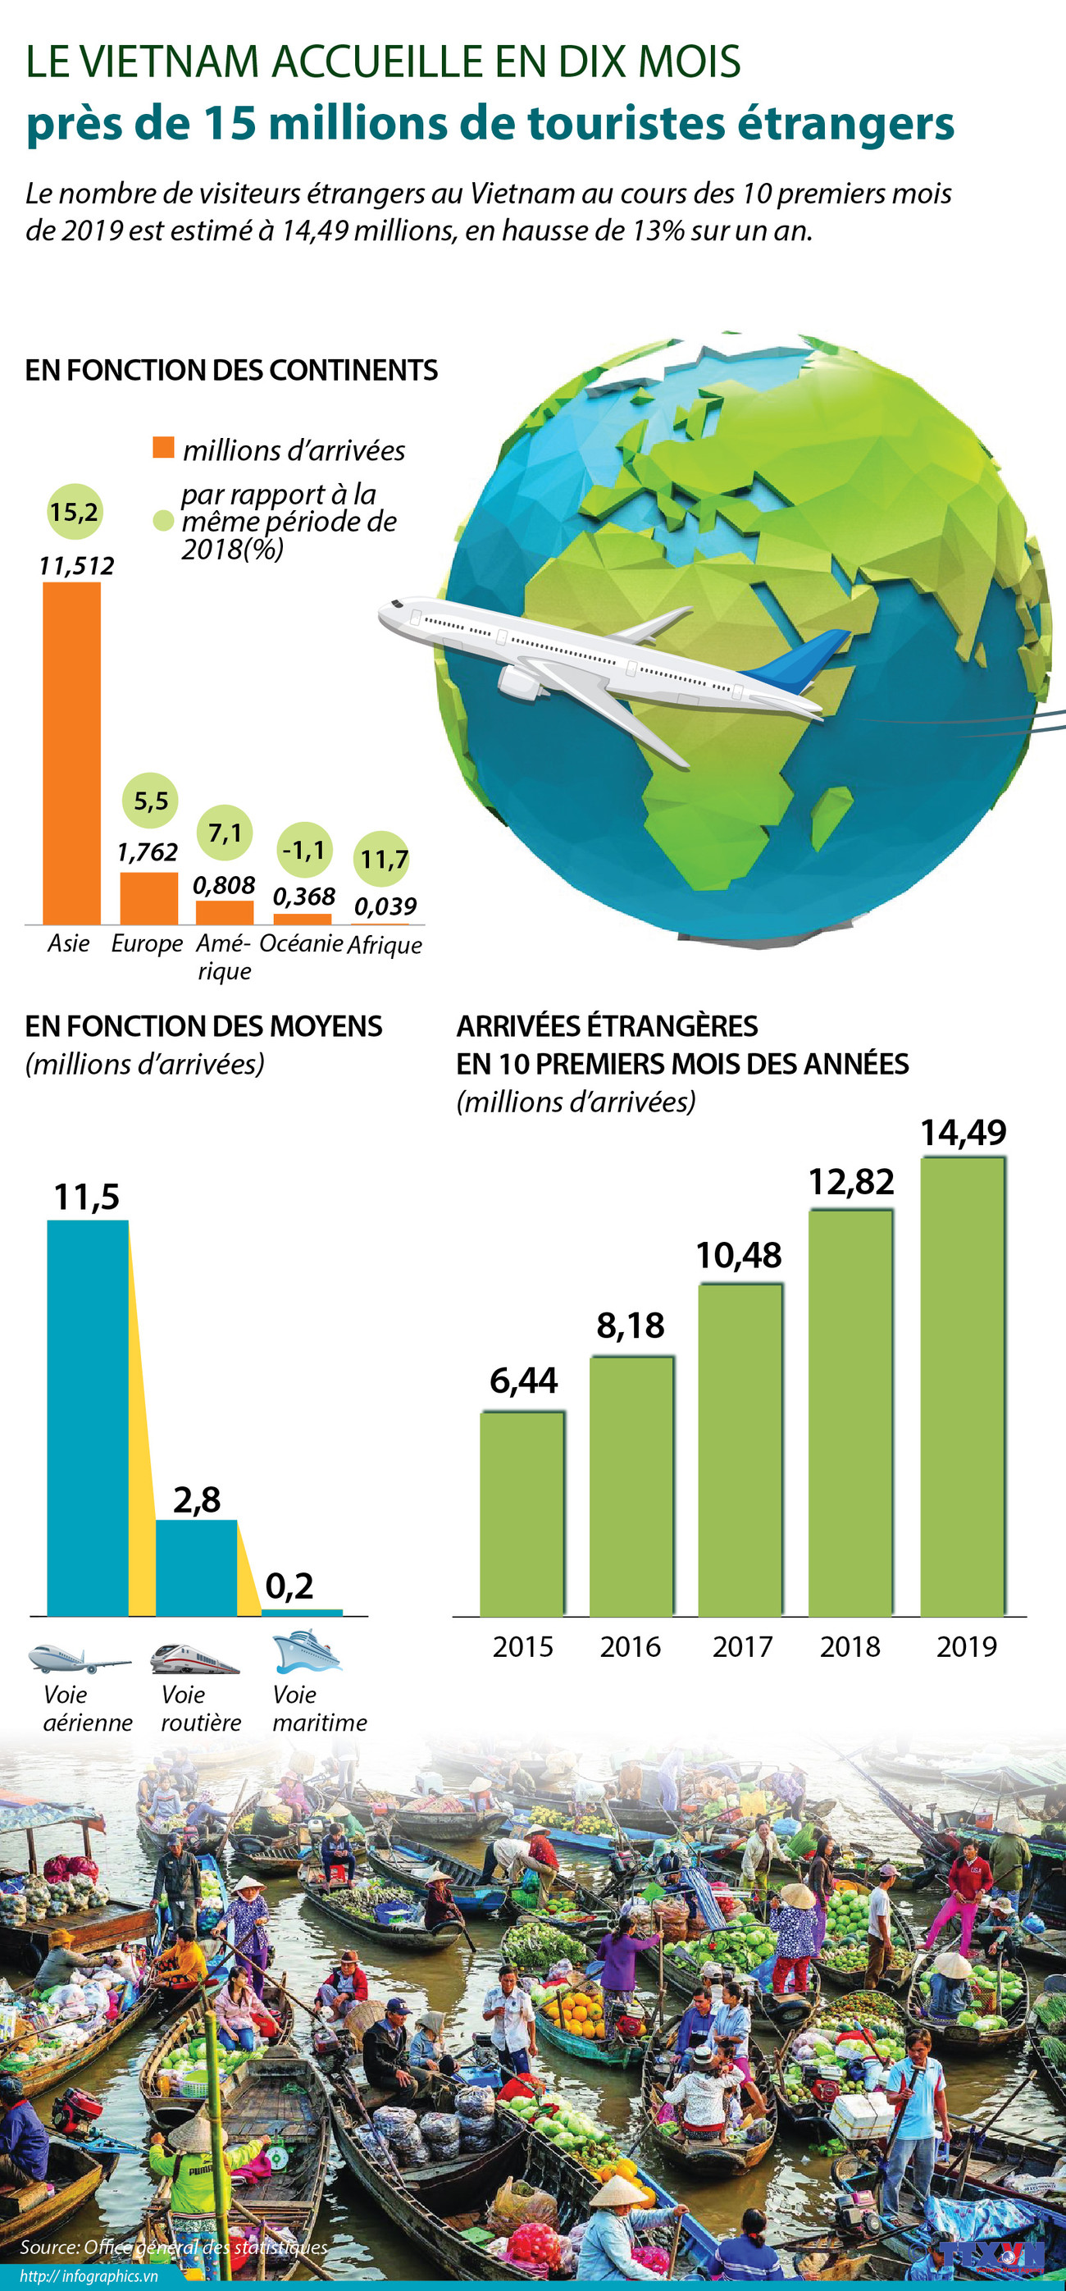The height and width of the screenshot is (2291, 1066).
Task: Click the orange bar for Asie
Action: [72, 752]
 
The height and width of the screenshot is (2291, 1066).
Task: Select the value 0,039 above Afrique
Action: [385, 906]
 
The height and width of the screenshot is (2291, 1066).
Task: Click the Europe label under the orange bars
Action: [147, 943]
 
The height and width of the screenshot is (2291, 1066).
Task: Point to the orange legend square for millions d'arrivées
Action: [163, 447]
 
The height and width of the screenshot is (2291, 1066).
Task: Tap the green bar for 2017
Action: [740, 1449]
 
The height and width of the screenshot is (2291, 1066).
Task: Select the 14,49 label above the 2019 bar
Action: [963, 1133]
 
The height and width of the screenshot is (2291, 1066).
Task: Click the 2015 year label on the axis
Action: [523, 1646]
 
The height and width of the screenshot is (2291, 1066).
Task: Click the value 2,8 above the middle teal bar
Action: [197, 1500]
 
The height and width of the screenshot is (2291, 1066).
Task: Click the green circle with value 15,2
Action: [74, 513]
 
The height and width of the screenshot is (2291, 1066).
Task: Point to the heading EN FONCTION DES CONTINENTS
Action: [231, 370]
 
